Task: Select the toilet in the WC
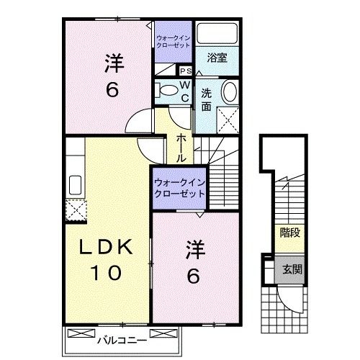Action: (x=166, y=89)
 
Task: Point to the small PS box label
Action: (x=185, y=71)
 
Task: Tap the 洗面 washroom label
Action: (x=207, y=99)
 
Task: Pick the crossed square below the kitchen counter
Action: (x=75, y=210)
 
